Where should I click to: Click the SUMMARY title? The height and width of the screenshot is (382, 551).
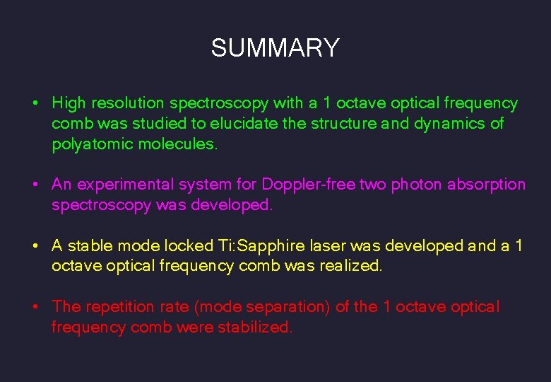pos(275,48)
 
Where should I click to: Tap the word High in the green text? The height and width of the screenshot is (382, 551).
pos(68,103)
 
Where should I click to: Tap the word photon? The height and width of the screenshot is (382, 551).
pos(415,185)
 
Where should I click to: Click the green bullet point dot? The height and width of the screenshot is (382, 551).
pos(35,104)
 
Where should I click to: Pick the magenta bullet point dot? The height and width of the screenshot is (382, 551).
pos(35,185)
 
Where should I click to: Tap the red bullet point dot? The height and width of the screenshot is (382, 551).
pos(35,308)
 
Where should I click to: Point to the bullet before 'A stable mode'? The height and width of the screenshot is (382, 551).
pos(35,247)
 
